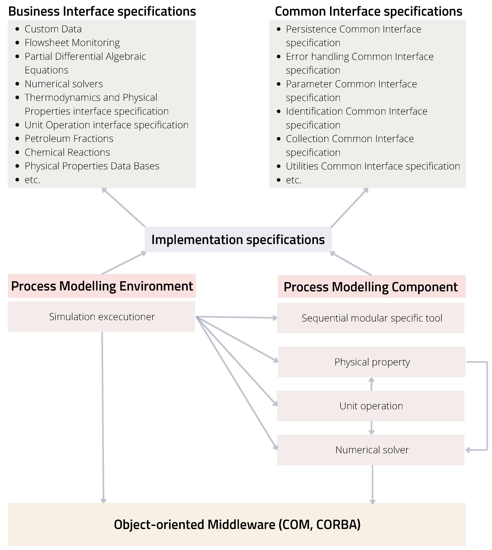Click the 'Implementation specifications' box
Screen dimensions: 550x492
(238, 240)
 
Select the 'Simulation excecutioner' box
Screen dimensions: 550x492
(102, 317)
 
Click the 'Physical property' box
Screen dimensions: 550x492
(372, 362)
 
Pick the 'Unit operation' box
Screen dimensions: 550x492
(371, 406)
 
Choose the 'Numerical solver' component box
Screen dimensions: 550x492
(372, 450)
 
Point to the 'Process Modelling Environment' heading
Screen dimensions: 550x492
(102, 286)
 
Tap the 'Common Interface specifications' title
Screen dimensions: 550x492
(368, 11)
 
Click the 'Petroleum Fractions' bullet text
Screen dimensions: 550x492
(69, 139)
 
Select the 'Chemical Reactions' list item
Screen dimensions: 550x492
(67, 152)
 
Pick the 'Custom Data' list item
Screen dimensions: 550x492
(53, 29)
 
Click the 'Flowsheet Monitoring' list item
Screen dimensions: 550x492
(72, 43)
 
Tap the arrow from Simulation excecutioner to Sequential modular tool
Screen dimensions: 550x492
(237, 317)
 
